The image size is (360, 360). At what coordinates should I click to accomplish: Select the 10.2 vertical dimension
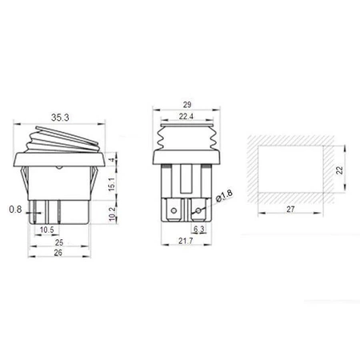coord(112,213)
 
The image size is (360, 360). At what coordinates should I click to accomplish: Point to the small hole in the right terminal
coord(196,210)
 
